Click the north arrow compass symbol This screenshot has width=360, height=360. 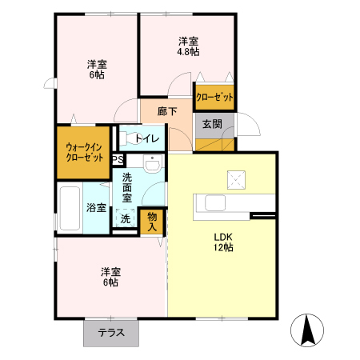point(307,330)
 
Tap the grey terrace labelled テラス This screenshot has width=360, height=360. point(111,333)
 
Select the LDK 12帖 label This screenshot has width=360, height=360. point(223,242)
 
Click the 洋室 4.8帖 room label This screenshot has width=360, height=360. point(188,46)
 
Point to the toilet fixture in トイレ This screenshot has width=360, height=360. point(130,138)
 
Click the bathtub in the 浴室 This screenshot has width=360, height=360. point(70,208)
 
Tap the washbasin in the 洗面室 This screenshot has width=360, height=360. point(153,163)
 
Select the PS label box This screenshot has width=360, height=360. point(118,160)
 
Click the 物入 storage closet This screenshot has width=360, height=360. point(152,222)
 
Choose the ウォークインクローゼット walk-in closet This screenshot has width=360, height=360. point(84,152)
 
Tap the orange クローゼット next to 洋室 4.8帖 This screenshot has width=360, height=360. point(214,97)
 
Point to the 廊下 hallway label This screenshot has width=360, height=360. point(167,111)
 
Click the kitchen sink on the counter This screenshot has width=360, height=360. point(215,203)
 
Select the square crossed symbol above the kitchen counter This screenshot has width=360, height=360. point(236,180)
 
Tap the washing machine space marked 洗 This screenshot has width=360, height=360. point(126,218)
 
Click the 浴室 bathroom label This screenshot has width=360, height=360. point(96,208)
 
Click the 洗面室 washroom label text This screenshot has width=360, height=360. point(127,188)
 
